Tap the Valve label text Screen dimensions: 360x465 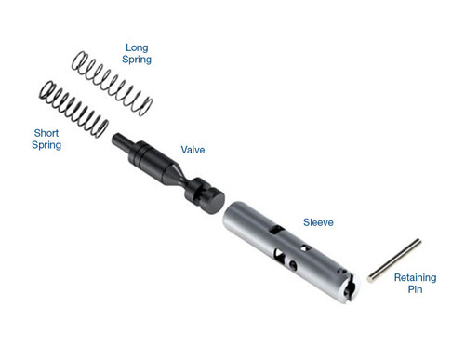tap(192, 149)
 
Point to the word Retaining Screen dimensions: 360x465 tap(416, 277)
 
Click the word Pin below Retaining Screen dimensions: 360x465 tap(415, 290)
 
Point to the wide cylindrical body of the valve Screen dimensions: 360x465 tap(147, 156)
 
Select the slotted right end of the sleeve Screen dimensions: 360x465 tap(349, 287)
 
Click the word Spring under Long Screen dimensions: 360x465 tap(137, 60)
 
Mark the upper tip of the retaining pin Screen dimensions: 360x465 tap(418, 242)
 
